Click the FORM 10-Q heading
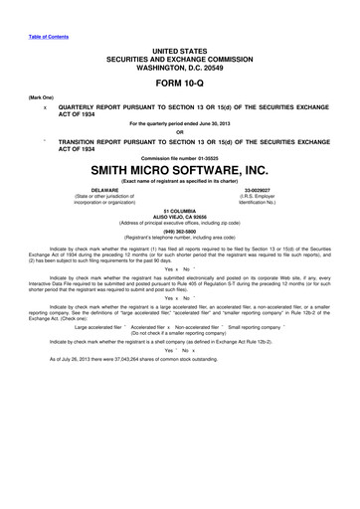pyautogui.click(x=179, y=83)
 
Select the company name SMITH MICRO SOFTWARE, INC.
pyautogui.click(x=179, y=170)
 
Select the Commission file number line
pyautogui.click(x=179, y=157)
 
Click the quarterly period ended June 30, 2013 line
pyautogui.click(x=179, y=122)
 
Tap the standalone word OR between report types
pyautogui.click(x=179, y=132)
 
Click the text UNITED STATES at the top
pyautogui.click(x=179, y=47)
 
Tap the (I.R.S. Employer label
pyautogui.click(x=258, y=196)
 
